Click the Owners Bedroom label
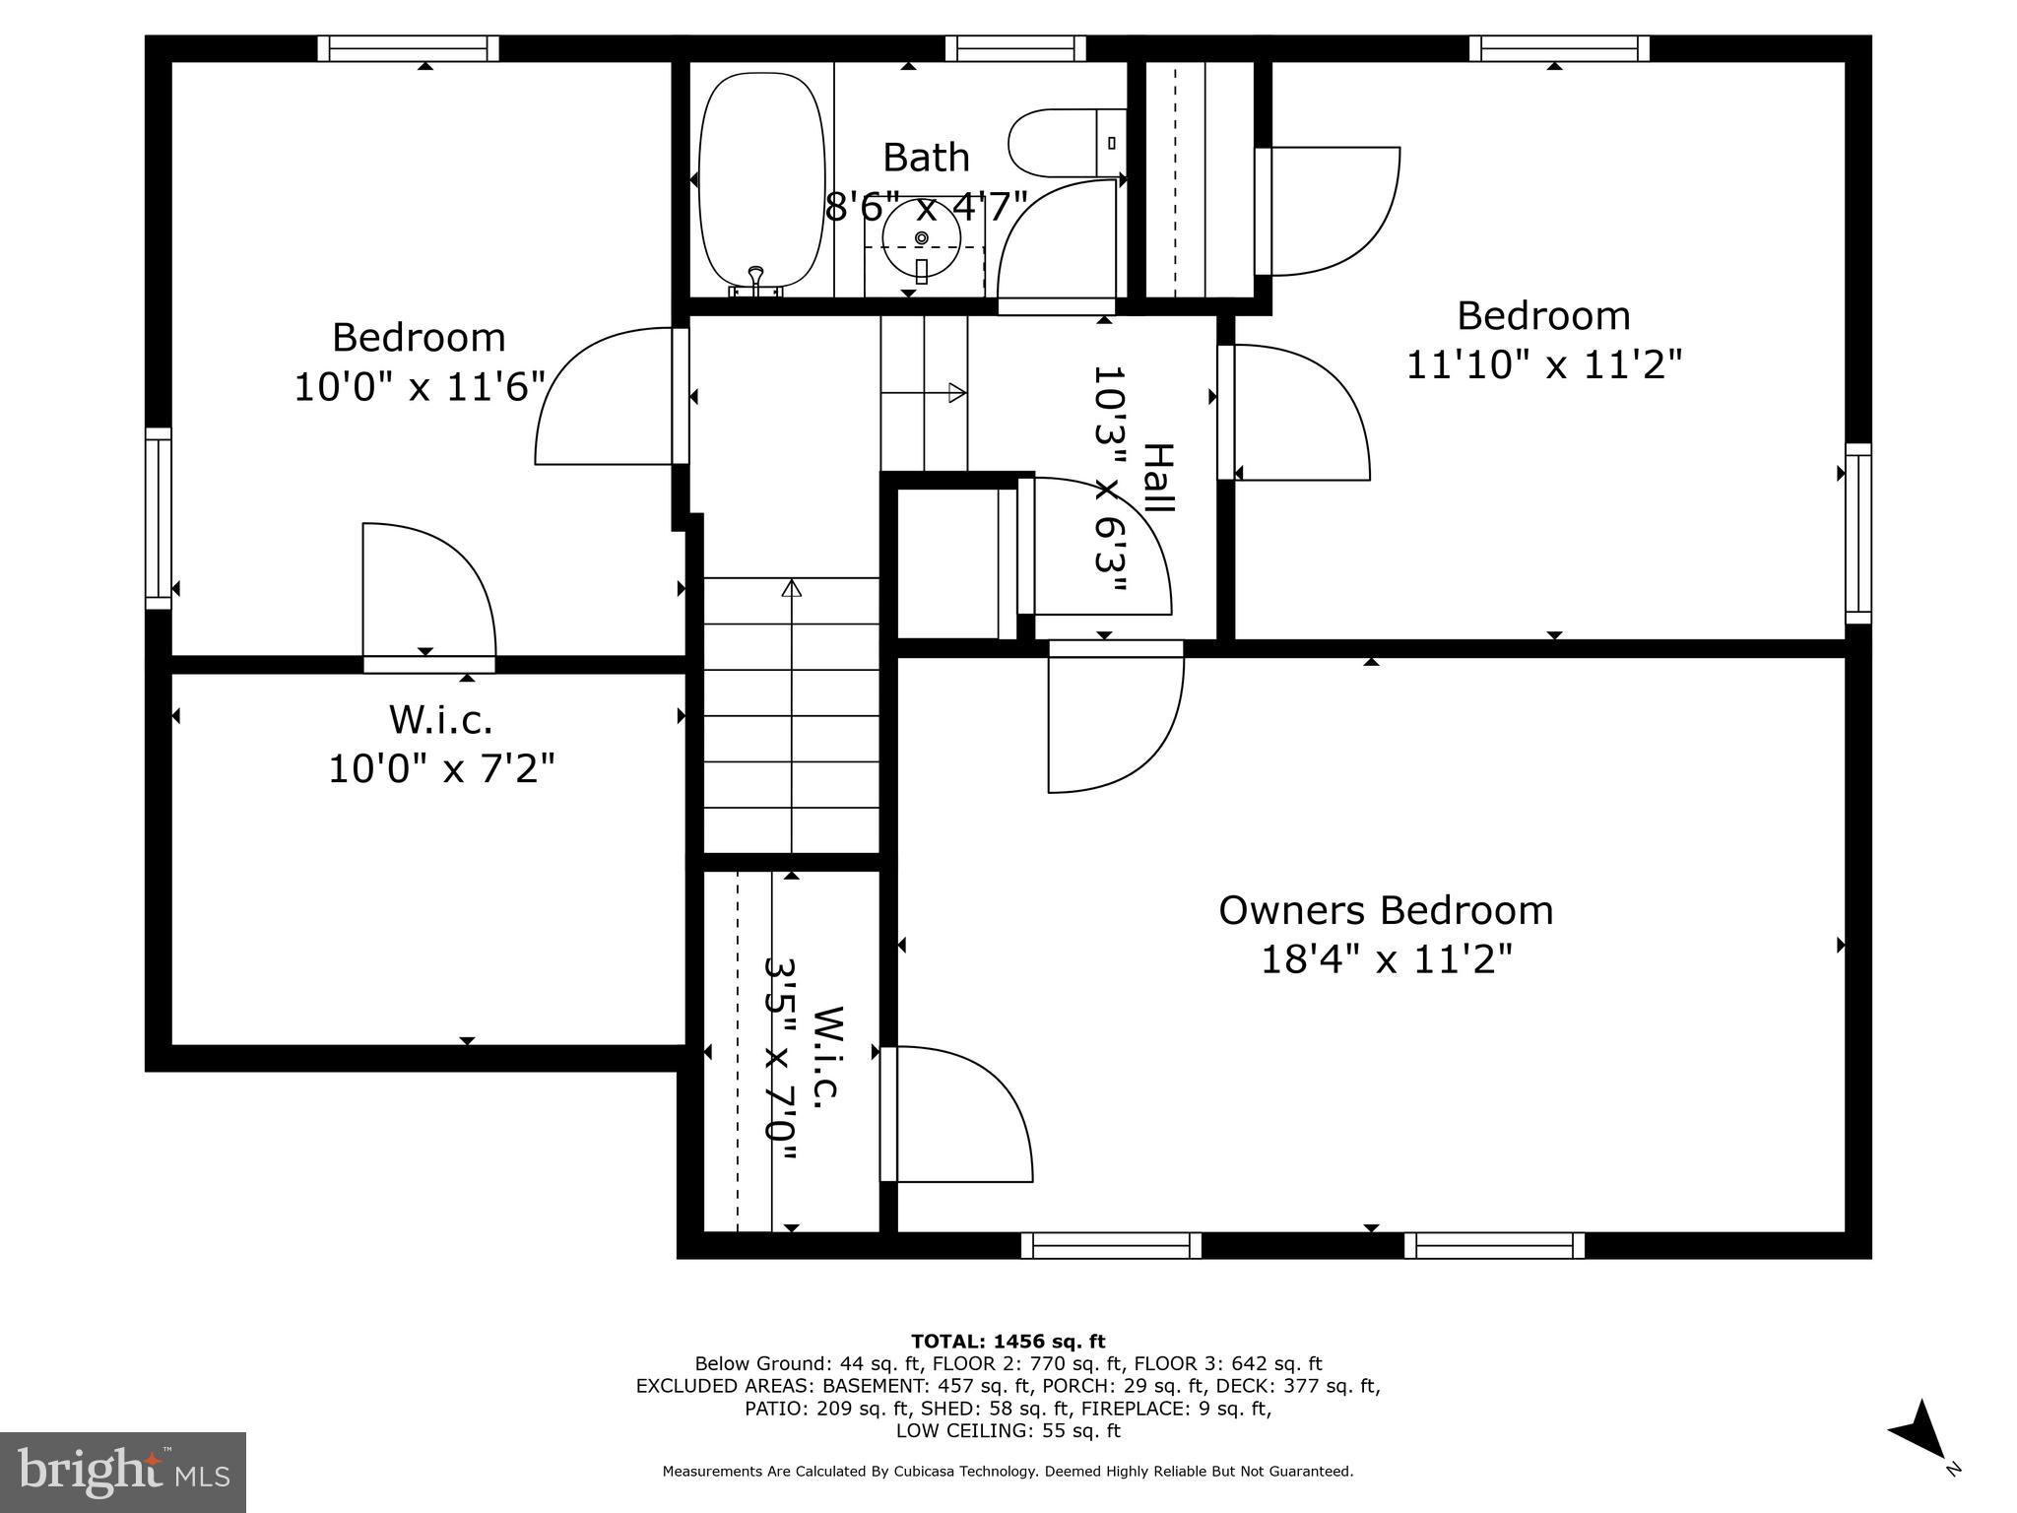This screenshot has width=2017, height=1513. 1386,910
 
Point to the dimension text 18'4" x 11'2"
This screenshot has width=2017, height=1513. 1386,958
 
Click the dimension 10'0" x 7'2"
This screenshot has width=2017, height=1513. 440,768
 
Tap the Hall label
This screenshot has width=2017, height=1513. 1159,478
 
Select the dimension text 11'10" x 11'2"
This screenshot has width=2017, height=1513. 1542,365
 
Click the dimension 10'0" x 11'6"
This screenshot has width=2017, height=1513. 420,386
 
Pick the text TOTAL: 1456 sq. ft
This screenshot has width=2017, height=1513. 1008,1342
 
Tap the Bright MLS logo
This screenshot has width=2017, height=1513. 123,1472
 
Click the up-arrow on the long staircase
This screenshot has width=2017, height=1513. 791,589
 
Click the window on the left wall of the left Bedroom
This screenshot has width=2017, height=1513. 159,518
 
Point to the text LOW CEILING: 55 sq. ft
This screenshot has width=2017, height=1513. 1008,1430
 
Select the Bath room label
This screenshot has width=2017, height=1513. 926,158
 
